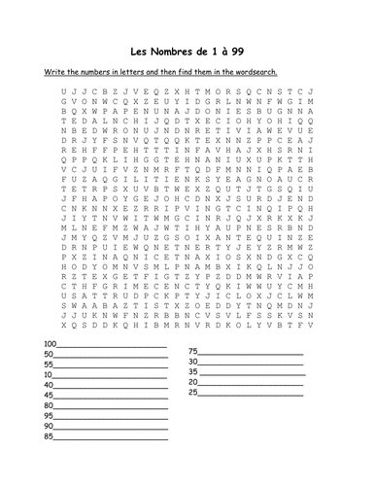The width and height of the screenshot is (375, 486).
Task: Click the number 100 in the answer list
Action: click(51, 345)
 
